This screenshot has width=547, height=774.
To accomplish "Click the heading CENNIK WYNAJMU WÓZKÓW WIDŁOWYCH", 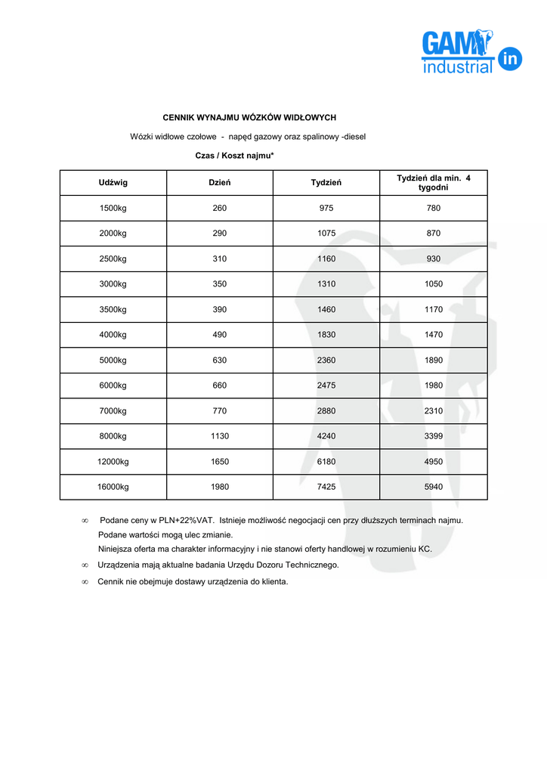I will [x=249, y=118].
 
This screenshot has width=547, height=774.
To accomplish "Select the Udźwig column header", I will [x=113, y=183].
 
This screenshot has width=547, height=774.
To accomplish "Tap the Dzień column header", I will [x=220, y=183].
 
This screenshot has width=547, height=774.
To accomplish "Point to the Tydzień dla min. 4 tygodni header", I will [x=434, y=182].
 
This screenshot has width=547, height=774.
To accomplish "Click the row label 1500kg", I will [x=113, y=209].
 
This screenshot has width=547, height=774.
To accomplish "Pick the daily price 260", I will [x=220, y=209].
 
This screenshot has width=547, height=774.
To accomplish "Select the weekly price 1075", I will [x=326, y=234].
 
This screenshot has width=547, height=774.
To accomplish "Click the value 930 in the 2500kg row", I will [x=434, y=259].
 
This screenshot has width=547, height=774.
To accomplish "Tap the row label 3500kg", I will [x=113, y=310].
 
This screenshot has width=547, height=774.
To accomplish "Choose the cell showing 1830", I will [x=326, y=335].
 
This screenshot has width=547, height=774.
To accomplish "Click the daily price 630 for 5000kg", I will [x=220, y=361].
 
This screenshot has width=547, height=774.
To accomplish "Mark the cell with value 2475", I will [x=326, y=385].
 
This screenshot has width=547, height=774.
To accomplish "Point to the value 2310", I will [x=434, y=411].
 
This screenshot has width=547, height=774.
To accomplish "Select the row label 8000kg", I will [x=113, y=436].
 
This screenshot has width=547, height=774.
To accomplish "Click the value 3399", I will [x=434, y=436].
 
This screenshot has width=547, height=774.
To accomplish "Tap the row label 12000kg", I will [x=113, y=462].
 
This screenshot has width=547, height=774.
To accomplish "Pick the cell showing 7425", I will [x=326, y=487].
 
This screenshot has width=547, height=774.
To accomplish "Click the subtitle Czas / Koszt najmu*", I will [x=234, y=155].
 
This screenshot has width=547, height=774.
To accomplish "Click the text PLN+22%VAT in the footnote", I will [x=186, y=520].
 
